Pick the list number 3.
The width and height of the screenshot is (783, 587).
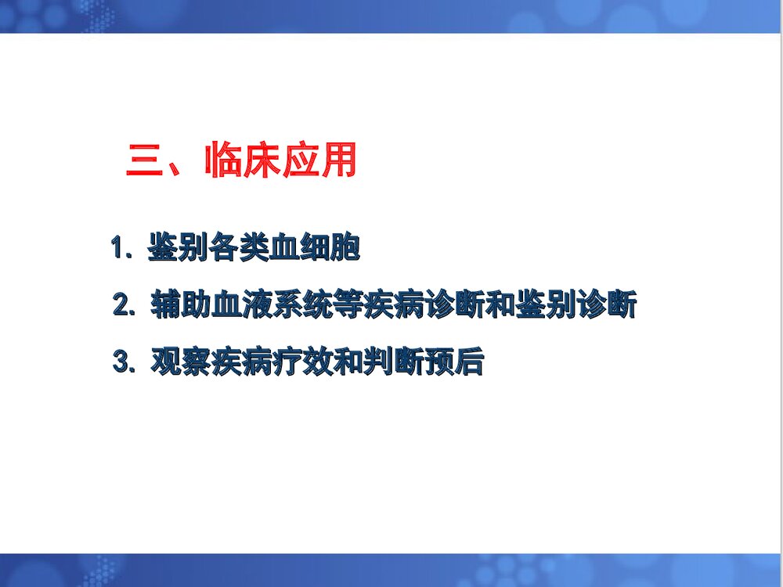(124, 362)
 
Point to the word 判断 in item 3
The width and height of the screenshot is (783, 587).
(392, 362)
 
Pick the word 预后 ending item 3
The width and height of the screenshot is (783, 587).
(453, 362)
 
